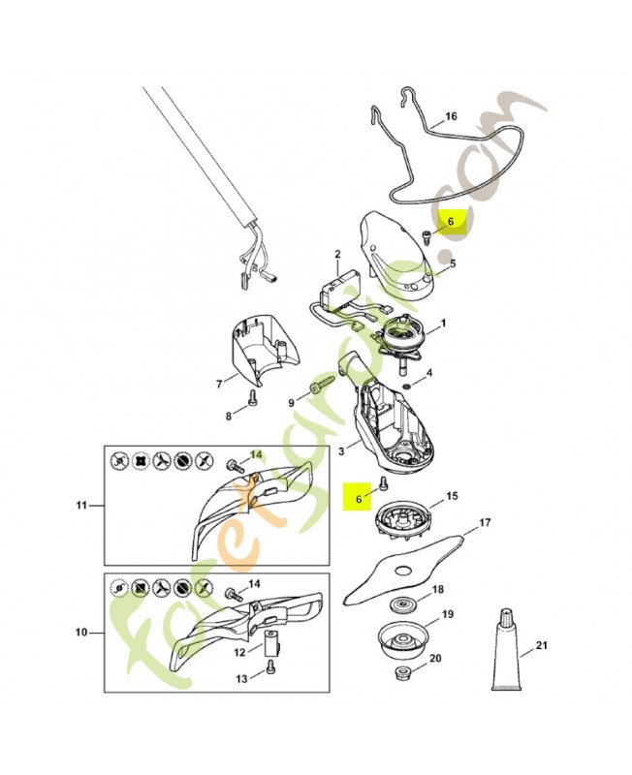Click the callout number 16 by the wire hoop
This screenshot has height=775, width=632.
[451, 116]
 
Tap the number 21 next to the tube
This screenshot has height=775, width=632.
[542, 645]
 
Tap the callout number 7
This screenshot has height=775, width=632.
[220, 383]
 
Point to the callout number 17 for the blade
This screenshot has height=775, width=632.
[485, 522]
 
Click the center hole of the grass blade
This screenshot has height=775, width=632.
[403, 569]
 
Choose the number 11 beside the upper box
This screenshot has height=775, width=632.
[81, 505]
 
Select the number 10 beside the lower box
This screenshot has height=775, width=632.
[81, 633]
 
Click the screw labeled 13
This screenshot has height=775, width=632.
[269, 666]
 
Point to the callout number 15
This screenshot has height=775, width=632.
[452, 496]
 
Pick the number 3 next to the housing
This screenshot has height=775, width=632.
[341, 450]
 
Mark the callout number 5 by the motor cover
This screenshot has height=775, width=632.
[452, 263]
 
